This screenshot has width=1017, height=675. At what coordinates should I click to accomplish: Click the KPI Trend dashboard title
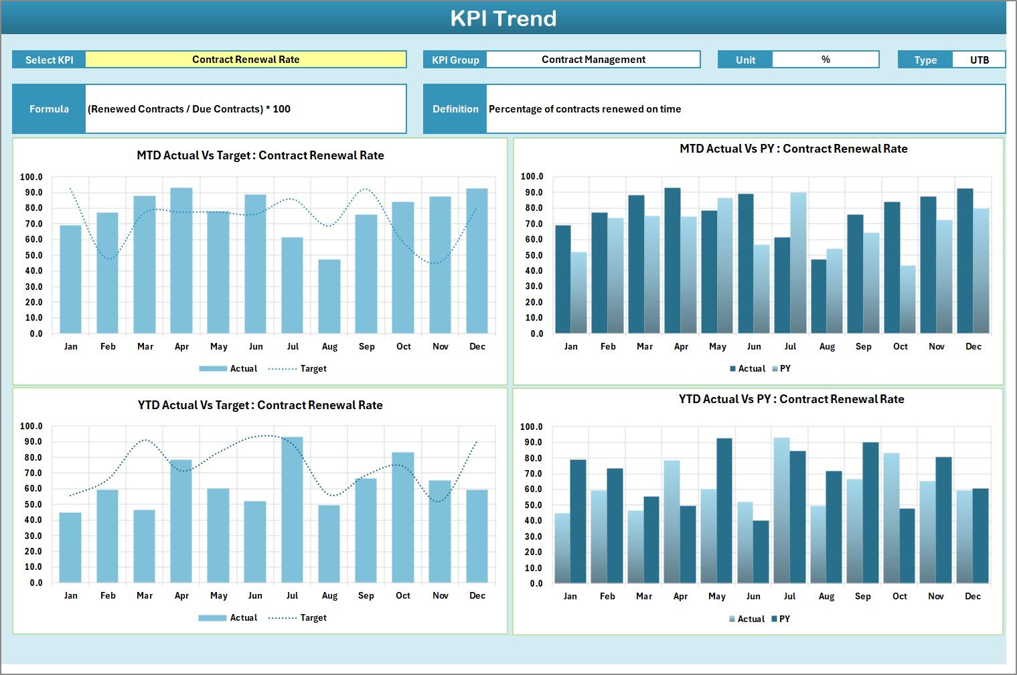click(503, 18)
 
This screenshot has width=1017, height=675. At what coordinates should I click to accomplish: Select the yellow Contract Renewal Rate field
click(246, 60)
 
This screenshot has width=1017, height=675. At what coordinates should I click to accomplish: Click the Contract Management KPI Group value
click(593, 60)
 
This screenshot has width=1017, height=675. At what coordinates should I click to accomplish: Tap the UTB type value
click(979, 60)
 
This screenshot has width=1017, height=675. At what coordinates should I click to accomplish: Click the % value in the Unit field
click(826, 60)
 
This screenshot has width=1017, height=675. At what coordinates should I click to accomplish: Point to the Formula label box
click(49, 109)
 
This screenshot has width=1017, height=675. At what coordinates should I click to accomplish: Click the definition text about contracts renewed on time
click(584, 109)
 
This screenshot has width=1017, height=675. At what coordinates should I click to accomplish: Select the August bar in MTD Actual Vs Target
click(329, 296)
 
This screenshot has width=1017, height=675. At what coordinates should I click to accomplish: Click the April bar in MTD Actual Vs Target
click(181, 261)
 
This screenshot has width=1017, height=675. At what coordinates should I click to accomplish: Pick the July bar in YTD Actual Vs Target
click(292, 510)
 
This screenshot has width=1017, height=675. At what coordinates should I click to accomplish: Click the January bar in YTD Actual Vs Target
click(70, 548)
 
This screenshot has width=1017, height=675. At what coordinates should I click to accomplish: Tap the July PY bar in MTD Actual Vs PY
click(798, 262)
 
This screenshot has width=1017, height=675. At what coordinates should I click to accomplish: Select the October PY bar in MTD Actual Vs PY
click(908, 299)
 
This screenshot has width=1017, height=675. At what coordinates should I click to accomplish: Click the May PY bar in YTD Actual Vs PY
click(724, 510)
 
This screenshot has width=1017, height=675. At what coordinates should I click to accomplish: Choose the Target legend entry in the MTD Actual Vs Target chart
click(298, 369)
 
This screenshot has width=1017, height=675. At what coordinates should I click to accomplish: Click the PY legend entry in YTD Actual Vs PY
click(781, 619)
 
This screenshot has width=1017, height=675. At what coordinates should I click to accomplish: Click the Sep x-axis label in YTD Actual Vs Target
click(366, 596)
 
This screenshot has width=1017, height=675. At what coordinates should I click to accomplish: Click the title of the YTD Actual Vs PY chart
click(791, 400)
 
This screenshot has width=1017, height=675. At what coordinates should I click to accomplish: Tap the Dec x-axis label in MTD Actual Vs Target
click(477, 347)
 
